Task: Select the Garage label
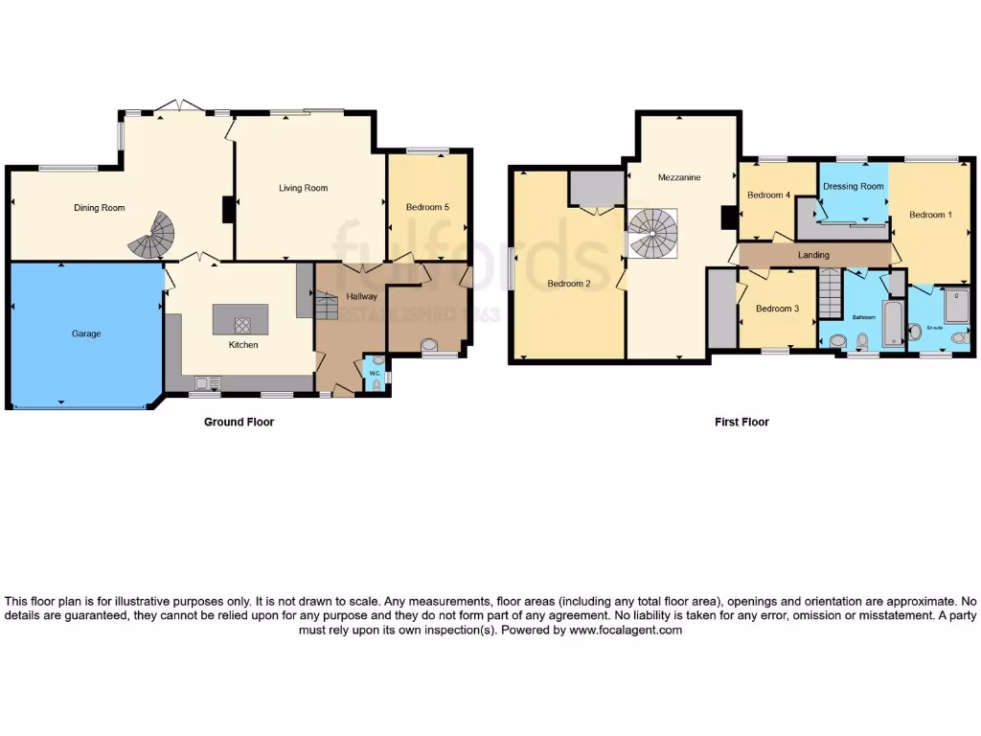pyautogui.click(x=85, y=334)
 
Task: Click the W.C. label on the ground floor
pyautogui.click(x=374, y=374)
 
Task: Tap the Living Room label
pyautogui.click(x=303, y=189)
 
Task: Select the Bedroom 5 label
pyautogui.click(x=426, y=207)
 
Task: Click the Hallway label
pyautogui.click(x=361, y=297)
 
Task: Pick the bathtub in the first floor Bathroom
pyautogui.click(x=893, y=323)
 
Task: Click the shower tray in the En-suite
pyautogui.click(x=956, y=307)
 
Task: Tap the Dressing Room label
pyautogui.click(x=853, y=187)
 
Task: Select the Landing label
pyautogui.click(x=813, y=255)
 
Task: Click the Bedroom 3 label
pyautogui.click(x=776, y=309)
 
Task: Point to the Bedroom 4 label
pyautogui.click(x=768, y=195)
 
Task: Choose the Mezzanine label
pyautogui.click(x=678, y=178)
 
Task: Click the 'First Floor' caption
pyautogui.click(x=741, y=422)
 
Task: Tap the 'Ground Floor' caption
pyautogui.click(x=239, y=422)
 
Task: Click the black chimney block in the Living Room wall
pyautogui.click(x=229, y=210)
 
